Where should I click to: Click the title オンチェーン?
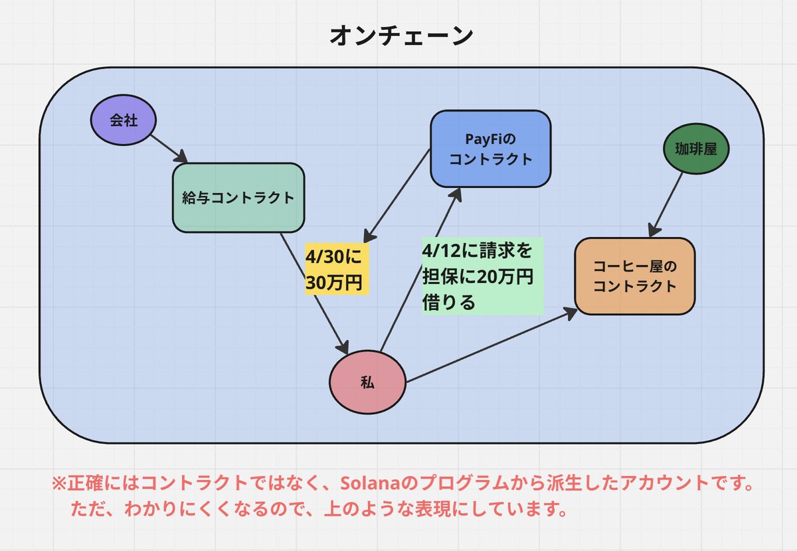click(402, 37)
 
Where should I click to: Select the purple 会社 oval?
click(123, 121)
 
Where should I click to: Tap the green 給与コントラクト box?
click(238, 198)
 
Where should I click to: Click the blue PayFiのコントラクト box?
click(490, 149)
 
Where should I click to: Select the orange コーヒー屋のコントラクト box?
click(634, 276)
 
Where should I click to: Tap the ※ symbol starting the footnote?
click(58, 483)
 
